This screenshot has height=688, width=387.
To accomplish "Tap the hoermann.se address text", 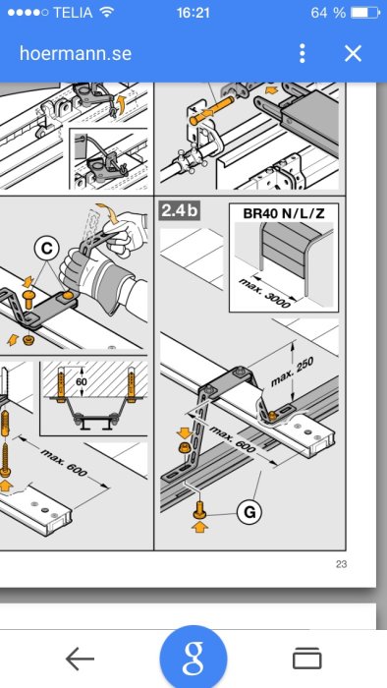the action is click(x=76, y=53).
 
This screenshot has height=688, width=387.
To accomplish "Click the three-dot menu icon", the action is click(x=302, y=53).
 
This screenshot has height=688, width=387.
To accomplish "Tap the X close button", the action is click(x=353, y=53).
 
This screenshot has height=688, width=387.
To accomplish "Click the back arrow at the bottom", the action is click(x=81, y=659).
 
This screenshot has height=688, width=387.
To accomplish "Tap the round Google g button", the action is click(x=193, y=657).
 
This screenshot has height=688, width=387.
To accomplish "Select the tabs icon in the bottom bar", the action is click(x=306, y=659).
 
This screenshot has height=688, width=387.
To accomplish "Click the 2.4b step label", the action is click(x=181, y=210).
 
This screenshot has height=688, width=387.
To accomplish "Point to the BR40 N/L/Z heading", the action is click(x=284, y=213).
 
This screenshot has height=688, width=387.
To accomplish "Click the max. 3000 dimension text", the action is click(x=265, y=293).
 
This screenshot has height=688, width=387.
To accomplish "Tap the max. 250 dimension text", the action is click(x=293, y=373).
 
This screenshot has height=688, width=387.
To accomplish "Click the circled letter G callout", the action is click(x=249, y=512).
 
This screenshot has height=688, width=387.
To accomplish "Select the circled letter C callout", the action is click(x=46, y=249).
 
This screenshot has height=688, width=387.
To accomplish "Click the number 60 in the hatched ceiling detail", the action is click(x=82, y=381).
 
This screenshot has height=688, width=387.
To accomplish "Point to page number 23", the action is click(x=342, y=564).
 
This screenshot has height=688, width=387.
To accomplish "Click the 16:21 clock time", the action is click(x=193, y=12).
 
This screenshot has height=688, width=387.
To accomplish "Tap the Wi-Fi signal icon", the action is click(x=106, y=12).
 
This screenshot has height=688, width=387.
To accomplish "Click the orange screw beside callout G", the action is click(x=199, y=510).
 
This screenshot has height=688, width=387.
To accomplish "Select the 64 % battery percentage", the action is click(x=328, y=12).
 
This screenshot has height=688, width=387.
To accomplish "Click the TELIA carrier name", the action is click(x=73, y=12).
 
